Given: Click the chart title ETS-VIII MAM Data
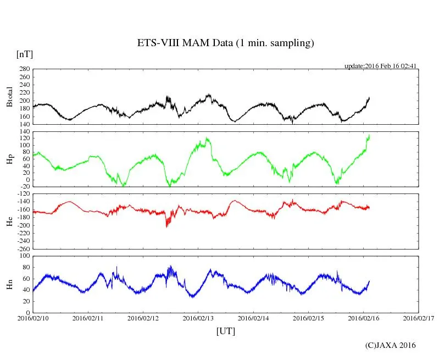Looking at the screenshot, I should [x=225, y=43].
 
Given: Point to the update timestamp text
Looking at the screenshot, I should [x=381, y=66].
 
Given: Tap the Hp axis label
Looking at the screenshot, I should [x=9, y=159].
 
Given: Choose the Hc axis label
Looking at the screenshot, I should [x=9, y=221].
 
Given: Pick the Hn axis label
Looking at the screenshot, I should [x=9, y=284].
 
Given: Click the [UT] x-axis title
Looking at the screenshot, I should [x=226, y=331].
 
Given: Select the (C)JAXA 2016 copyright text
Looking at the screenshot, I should [x=391, y=345].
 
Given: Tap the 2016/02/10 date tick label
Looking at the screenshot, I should [x=33, y=318].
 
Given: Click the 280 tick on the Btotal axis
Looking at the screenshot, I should [x=24, y=69].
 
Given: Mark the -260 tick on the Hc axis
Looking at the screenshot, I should [x=22, y=248].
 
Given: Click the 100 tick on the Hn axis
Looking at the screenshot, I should [x=24, y=256].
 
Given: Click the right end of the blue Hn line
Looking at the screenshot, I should [x=369, y=281].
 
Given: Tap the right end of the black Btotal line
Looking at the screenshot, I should [x=369, y=97].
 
